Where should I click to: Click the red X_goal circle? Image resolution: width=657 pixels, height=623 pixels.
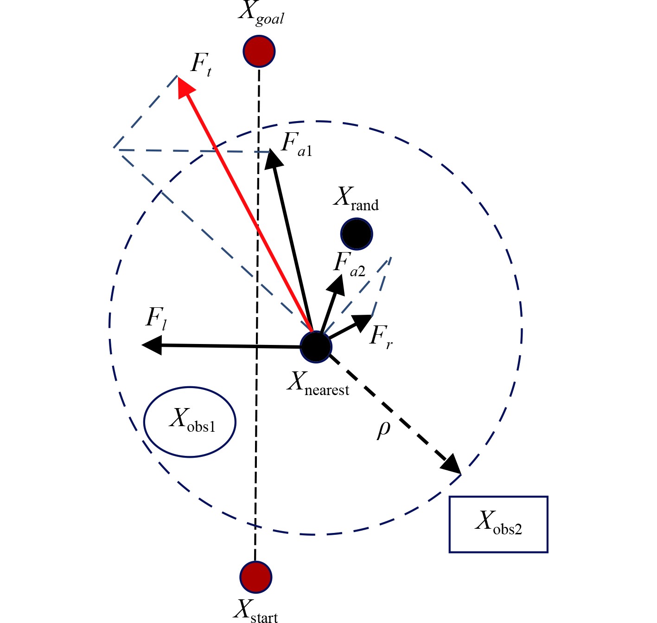point(259,51)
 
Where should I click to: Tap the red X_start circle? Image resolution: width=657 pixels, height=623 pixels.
point(256,577)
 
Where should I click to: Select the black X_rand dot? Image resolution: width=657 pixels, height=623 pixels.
point(357,234)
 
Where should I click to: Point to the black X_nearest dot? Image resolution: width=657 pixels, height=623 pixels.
point(316,347)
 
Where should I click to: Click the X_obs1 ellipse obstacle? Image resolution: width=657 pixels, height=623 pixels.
point(190,422)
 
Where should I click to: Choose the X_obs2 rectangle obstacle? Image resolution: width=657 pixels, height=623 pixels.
point(498,524)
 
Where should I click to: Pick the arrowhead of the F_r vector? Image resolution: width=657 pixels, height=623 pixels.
point(364,320)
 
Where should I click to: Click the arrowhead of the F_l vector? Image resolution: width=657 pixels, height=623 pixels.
point(150,345)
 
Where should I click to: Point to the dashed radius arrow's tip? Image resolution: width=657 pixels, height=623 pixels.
point(453,467)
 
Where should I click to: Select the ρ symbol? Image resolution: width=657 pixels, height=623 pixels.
point(383,429)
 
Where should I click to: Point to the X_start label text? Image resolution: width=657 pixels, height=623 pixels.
point(255,610)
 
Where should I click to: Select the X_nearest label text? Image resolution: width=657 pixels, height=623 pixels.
point(318,384)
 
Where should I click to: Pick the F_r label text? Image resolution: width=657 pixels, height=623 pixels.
point(381,336)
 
